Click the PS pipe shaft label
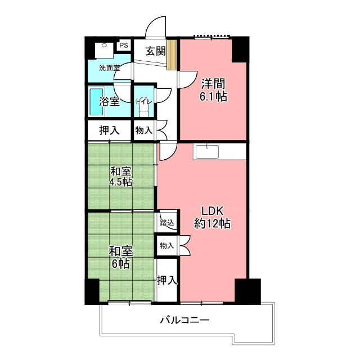(124, 45)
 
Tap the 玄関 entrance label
(156, 51)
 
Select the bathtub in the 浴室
(96, 102)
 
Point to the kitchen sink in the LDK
(207, 151)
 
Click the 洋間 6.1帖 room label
(213, 90)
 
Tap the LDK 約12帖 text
(212, 217)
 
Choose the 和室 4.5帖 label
(120, 177)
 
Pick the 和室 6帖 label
(120, 258)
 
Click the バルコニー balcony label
(185, 320)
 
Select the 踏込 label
(167, 223)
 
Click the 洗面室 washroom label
(110, 68)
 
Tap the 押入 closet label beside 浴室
(109, 130)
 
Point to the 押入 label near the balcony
(167, 280)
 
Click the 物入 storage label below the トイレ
(144, 130)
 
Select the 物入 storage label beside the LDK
(167, 246)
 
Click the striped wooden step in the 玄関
(172, 55)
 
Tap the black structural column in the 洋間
(240, 50)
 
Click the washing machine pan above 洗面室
(104, 50)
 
